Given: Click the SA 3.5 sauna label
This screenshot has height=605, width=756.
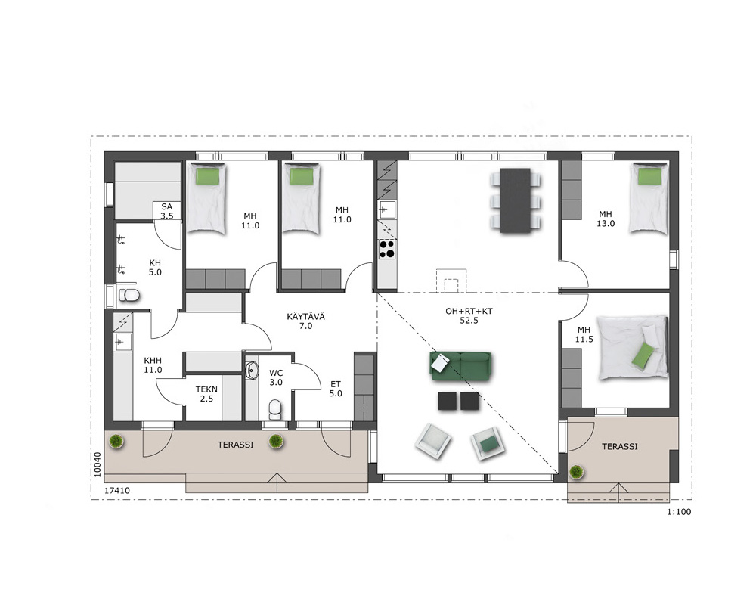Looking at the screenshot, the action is point(167,211).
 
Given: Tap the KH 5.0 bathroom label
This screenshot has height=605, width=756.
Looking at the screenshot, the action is point(155,268).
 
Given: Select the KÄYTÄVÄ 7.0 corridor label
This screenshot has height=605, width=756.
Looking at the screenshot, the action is point(305,321).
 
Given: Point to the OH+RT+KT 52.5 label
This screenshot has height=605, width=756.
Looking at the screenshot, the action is point(469,315).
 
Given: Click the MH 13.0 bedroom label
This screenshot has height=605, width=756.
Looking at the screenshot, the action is point(606,219).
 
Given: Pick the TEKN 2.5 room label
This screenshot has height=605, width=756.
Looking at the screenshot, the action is point(206,394).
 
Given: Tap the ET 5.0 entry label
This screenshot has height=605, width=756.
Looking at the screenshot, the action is point(336,389).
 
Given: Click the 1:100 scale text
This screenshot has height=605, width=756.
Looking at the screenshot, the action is point(679,512).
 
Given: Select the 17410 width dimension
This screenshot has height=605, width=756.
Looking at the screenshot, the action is point(117,491).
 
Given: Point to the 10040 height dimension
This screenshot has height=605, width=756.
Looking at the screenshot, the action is point(98,464).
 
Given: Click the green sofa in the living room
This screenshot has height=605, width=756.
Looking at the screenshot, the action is point(460,365).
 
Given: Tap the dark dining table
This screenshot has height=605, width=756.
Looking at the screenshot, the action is point(516,200).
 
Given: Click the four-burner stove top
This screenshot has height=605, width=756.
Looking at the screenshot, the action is point(387,249).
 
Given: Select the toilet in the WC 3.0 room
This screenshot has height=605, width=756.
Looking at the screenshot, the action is point(275,410).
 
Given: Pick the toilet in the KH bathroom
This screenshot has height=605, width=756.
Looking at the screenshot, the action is point(129,294).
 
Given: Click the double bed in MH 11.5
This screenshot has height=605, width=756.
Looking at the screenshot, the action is point(633,347).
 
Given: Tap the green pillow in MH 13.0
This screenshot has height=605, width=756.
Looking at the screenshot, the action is point(649,176).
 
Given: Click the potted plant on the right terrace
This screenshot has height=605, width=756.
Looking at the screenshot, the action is point(576,472).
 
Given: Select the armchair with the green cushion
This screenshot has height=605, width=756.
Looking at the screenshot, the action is point(489,443).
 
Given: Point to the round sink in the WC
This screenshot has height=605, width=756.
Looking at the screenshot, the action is point(252,371).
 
